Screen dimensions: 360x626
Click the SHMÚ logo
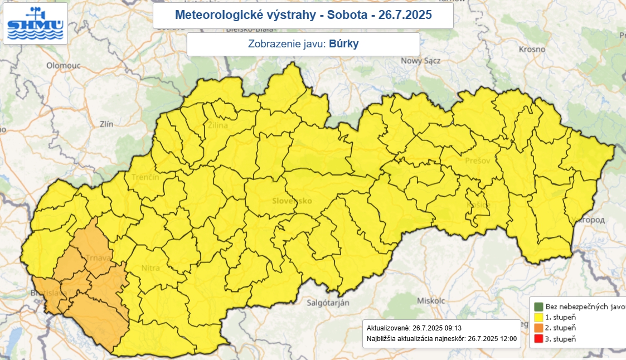point(35,23)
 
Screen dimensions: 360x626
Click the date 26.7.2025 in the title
point(405,15)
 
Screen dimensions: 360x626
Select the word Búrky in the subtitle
point(343,44)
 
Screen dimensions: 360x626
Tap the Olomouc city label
point(64,65)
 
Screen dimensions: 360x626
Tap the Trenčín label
point(145,177)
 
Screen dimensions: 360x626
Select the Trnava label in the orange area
point(99,258)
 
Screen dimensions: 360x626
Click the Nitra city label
point(150,268)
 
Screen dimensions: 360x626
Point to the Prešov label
point(477,160)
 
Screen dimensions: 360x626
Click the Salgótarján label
point(328,303)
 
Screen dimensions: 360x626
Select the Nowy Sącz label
point(421,61)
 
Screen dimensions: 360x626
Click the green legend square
point(538,307)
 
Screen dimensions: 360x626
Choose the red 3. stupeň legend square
point(538,338)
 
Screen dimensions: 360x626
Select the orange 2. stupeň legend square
point(538,328)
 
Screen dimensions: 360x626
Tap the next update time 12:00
point(508,338)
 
